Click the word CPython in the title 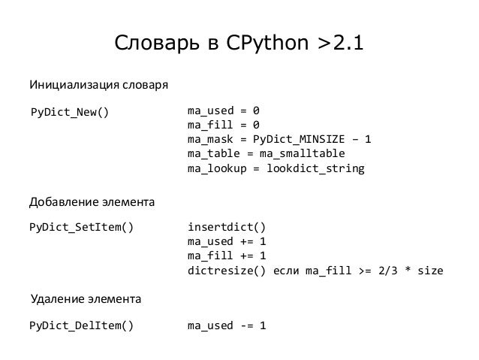click(x=267, y=44)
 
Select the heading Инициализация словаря click(x=98, y=85)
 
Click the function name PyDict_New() click(x=70, y=112)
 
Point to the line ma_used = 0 click(x=223, y=110)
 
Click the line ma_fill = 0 click(x=223, y=125)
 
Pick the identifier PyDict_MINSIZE click(x=299, y=139)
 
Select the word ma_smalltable click(x=302, y=153)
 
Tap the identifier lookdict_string click(x=315, y=168)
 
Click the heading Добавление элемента click(x=92, y=202)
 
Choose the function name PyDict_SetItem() click(x=81, y=227)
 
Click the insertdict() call click(x=227, y=227)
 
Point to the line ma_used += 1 click(x=227, y=242)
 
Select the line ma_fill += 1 click(x=227, y=256)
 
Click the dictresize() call click(x=227, y=271)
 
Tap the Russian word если click(x=285, y=271)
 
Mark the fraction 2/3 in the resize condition click(x=388, y=271)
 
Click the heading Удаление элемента click(x=86, y=299)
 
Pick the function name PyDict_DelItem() click(x=81, y=325)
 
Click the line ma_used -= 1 click(x=227, y=325)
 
